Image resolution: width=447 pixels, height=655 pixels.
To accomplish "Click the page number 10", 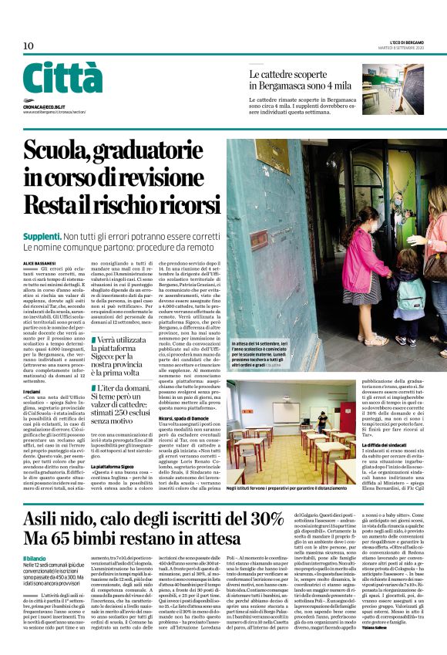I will tap(28, 46).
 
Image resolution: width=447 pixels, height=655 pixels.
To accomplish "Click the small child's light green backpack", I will tap(412, 294).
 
